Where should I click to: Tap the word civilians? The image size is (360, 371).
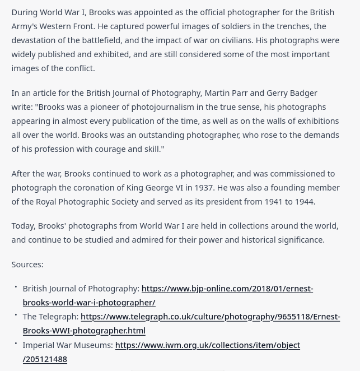tap(232, 40)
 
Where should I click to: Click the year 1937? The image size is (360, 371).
tap(202, 187)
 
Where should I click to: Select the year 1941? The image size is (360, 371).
tap(274, 201)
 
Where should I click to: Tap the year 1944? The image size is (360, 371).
tap(304, 201)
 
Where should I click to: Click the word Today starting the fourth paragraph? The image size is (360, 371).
tap(23, 225)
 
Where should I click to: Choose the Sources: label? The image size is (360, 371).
tap(27, 264)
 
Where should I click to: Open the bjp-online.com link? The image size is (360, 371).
tap(227, 288)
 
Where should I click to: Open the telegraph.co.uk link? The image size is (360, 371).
tap(210, 316)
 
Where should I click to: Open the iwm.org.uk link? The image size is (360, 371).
tap(207, 345)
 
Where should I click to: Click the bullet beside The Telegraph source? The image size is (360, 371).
tap(16, 315)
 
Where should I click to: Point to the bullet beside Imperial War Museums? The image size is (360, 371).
tap(16, 344)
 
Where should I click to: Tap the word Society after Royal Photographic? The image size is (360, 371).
tap(123, 201)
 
